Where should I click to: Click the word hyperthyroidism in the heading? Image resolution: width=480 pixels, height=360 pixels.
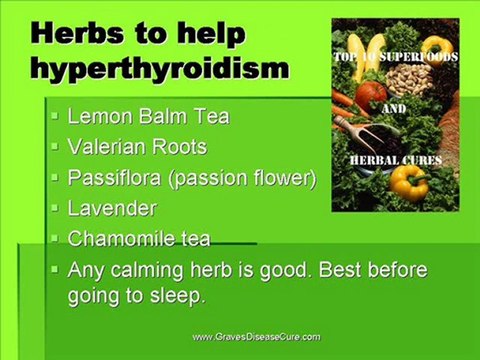pos(161,69)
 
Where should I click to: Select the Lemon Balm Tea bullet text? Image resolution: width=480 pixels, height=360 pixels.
pos(148,116)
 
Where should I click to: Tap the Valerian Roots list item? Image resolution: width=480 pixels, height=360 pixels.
pos(137,147)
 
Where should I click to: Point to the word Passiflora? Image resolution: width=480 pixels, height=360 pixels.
pos(112,178)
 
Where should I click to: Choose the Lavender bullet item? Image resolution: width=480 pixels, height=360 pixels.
pos(112,209)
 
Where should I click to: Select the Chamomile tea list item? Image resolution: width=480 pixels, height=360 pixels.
pos(139,240)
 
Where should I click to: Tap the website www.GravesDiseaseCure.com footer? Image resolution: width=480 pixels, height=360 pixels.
pos(256,337)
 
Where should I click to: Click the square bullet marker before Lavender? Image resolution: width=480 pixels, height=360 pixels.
pos(55,210)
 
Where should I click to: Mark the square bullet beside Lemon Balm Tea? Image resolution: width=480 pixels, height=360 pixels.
pos(55,117)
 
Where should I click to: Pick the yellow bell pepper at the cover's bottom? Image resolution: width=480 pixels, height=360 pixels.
pos(408,182)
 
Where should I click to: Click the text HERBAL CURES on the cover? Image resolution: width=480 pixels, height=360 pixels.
pos(394,160)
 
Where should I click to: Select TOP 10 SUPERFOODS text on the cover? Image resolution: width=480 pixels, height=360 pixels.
pos(395,58)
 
